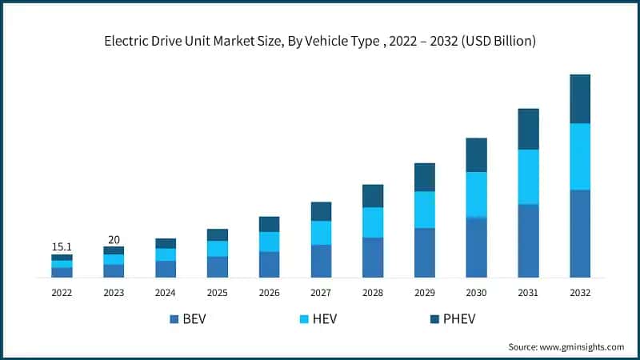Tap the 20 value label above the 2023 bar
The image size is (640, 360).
pos(114,239)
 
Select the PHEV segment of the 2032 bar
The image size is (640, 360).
pos(580,98)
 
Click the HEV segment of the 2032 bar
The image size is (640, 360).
pos(580,156)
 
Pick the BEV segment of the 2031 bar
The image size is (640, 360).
pos(528,241)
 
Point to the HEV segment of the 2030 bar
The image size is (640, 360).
pos(477,194)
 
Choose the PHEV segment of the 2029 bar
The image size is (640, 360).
pos(425,177)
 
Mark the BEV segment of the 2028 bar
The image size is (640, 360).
pos(373,258)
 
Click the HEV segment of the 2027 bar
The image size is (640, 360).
pos(321,232)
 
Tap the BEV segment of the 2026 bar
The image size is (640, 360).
pos(269,265)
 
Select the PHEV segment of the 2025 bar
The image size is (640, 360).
pos(217,234)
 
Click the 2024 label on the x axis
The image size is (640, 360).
pos(166,293)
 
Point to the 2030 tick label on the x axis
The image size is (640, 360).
pos(477,293)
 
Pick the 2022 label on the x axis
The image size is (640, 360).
pos(62,293)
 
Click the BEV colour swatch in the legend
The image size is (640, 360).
pos(174,320)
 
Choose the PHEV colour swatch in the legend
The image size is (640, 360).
pos(434,320)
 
